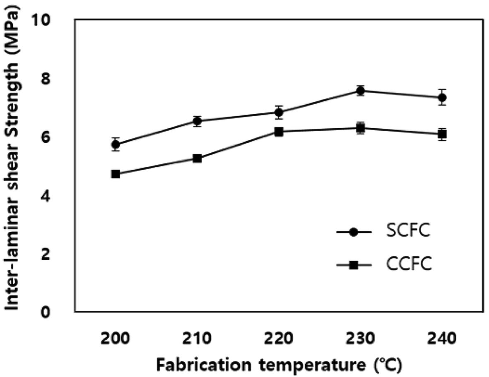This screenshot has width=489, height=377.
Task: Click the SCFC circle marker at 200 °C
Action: [116, 144]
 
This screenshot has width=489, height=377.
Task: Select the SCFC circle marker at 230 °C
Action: [361, 91]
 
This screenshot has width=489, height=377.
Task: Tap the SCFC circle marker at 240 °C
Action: [442, 98]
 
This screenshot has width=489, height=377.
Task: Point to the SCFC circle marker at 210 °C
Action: [198, 121]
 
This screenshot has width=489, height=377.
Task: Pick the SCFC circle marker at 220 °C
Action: [279, 112]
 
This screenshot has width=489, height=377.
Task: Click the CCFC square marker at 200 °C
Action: [116, 174]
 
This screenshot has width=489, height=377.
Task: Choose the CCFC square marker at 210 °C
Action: [198, 158]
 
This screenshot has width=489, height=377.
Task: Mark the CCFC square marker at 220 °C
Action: [279, 132]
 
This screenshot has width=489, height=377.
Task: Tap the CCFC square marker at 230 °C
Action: [361, 128]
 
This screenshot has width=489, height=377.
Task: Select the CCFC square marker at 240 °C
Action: [442, 134]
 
